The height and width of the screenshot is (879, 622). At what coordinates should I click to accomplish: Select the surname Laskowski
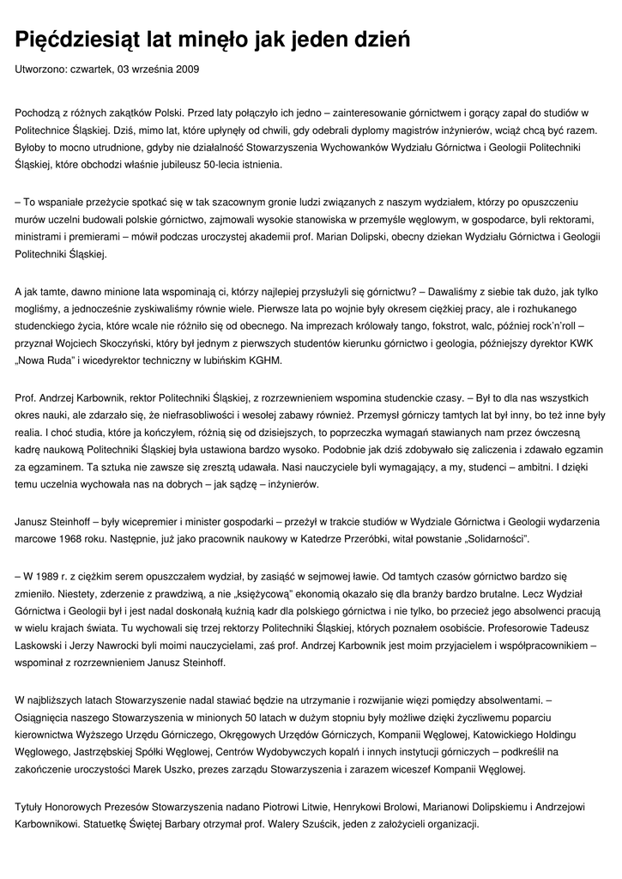pyautogui.click(x=44, y=646)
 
